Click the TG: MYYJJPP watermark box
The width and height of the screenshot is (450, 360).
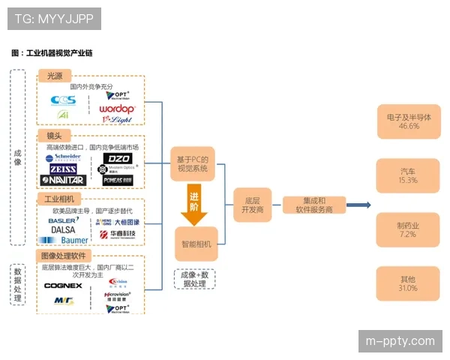pos(53,18)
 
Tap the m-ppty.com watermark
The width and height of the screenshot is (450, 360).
pos(399,340)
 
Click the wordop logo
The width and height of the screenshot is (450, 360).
pos(116,109)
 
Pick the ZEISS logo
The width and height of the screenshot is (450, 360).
pos(64,169)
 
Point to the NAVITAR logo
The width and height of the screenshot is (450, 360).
pos(64,180)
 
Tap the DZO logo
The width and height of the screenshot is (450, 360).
pos(118,158)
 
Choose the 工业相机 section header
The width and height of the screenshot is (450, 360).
pos(59,199)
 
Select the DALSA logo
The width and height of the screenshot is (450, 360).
pos(63,230)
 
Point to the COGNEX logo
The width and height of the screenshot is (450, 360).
pos(63,286)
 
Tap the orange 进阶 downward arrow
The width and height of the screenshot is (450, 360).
pos(194,207)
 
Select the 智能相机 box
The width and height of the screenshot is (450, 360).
pos(196,244)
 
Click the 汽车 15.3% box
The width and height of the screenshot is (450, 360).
pos(408,176)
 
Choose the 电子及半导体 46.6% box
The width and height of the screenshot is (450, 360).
pos(408,121)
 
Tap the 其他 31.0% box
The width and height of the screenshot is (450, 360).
pos(408,284)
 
